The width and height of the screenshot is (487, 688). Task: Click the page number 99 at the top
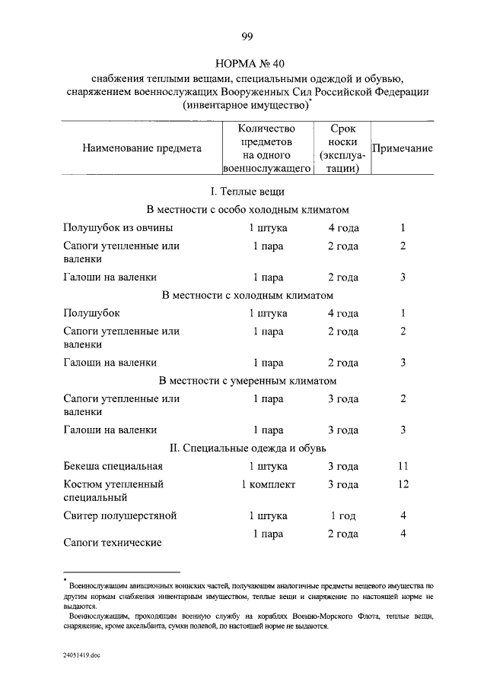point(247,36)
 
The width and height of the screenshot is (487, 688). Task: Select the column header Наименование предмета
point(142,149)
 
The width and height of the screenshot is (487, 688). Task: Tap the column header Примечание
point(402,149)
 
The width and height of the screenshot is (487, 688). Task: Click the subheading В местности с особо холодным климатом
point(247,209)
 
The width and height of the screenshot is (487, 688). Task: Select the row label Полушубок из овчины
point(118,228)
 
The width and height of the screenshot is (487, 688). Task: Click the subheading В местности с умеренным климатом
point(247,380)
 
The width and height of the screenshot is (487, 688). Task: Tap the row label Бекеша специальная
point(113,466)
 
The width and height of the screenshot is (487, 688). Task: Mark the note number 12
point(403,484)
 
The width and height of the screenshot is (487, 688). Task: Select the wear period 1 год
point(342,516)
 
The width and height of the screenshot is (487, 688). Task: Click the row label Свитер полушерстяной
point(120,516)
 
